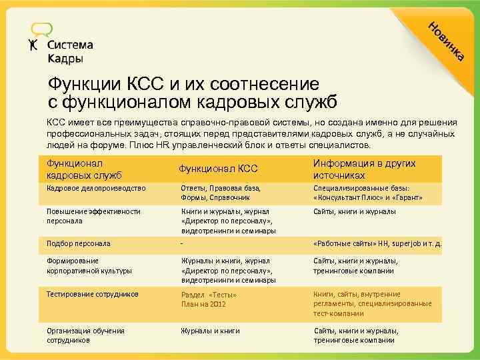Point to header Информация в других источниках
tap(364, 169)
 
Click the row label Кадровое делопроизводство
tap(95, 189)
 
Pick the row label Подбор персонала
tap(78, 243)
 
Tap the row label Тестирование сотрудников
tap(93, 294)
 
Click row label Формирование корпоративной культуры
tap(89, 266)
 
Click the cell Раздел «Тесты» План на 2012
tap(209, 299)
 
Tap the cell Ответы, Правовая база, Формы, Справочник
tap(220, 193)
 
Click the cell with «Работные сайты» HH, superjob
tap(377, 243)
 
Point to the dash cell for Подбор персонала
tap(183, 243)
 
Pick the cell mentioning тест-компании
tap(372, 303)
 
